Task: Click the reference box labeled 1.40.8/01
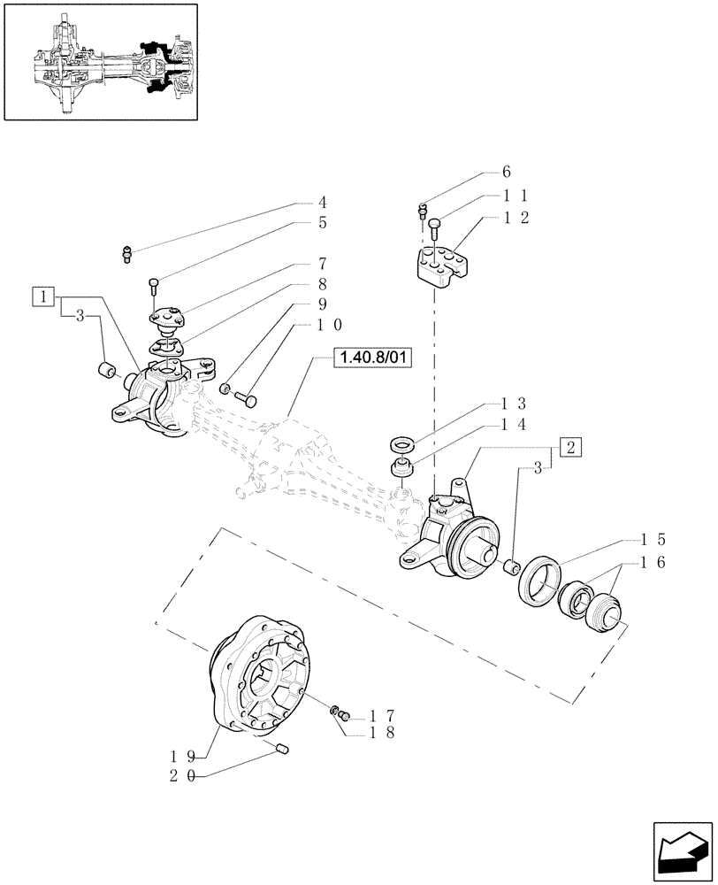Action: point(374,359)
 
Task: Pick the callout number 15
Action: point(653,538)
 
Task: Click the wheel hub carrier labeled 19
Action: point(263,673)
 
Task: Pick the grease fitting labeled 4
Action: point(126,255)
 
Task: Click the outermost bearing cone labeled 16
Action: point(606,613)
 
